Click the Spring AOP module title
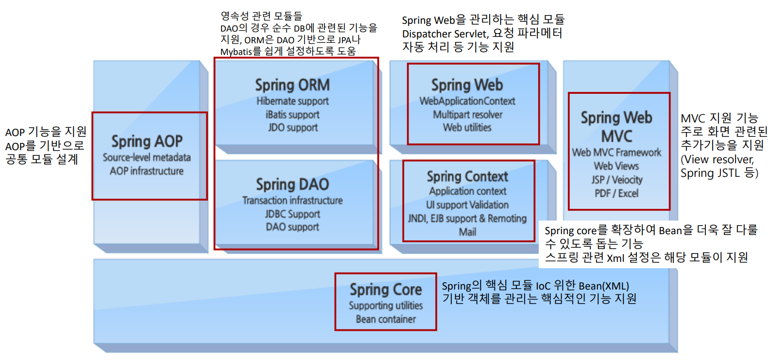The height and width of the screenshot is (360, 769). pyautogui.click(x=147, y=141)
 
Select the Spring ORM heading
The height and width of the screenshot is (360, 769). pyautogui.click(x=292, y=85)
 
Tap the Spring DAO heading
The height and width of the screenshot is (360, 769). pyautogui.click(x=292, y=185)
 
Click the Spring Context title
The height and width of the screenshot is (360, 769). pyautogui.click(x=467, y=176)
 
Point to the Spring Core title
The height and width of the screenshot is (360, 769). pyautogui.click(x=386, y=290)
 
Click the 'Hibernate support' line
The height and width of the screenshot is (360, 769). pyautogui.click(x=292, y=101)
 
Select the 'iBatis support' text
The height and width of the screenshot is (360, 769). pyautogui.click(x=292, y=115)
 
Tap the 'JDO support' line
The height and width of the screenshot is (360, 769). pyautogui.click(x=292, y=128)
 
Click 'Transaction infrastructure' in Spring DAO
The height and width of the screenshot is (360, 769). pyautogui.click(x=292, y=200)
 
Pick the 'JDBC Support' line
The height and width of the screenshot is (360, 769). pyautogui.click(x=292, y=214)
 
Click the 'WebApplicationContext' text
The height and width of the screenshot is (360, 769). pyautogui.click(x=467, y=101)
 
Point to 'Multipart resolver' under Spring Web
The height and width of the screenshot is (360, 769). pyautogui.click(x=467, y=115)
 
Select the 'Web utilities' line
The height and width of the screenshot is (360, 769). pyautogui.click(x=467, y=128)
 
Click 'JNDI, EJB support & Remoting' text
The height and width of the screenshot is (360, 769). pyautogui.click(x=467, y=219)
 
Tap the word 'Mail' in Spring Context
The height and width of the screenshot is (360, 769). pyautogui.click(x=467, y=232)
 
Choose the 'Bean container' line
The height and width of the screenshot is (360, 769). pyautogui.click(x=386, y=319)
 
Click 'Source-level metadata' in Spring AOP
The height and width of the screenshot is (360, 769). pyautogui.click(x=147, y=157)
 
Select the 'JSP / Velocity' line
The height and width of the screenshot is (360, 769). pyautogui.click(x=616, y=180)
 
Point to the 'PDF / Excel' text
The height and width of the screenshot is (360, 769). pyautogui.click(x=616, y=193)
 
